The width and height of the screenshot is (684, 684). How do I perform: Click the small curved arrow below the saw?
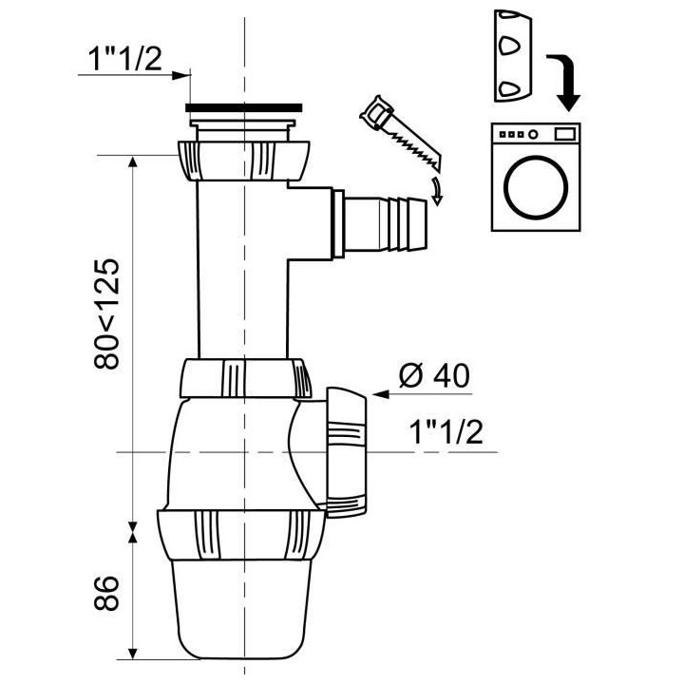click(436, 190)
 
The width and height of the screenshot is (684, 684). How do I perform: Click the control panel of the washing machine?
click(537, 133)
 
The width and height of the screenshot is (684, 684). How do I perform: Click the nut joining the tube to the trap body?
click(244, 378)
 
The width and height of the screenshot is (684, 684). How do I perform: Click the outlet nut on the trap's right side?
click(344, 446)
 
